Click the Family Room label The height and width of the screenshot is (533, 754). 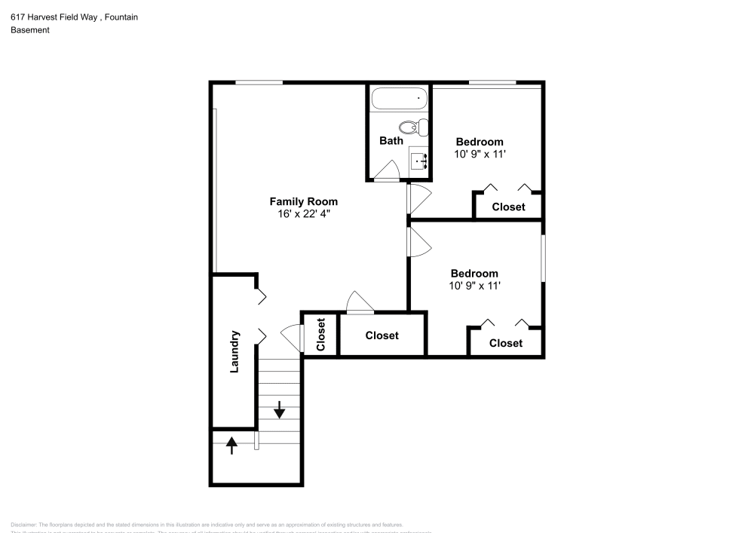pyautogui.click(x=303, y=201)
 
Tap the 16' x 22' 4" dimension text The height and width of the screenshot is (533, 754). pyautogui.click(x=303, y=214)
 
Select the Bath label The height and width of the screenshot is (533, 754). pyautogui.click(x=391, y=140)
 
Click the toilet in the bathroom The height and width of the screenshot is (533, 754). pyautogui.click(x=413, y=127)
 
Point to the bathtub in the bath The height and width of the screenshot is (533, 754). pyautogui.click(x=399, y=99)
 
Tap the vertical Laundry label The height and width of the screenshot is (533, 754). pyautogui.click(x=234, y=351)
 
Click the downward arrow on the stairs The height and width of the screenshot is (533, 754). pyautogui.click(x=279, y=410)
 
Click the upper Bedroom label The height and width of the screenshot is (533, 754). pyautogui.click(x=479, y=142)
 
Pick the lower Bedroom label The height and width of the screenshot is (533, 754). pyautogui.click(x=474, y=274)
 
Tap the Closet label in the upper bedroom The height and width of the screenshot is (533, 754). pyautogui.click(x=508, y=207)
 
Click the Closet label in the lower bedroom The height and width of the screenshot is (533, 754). pyautogui.click(x=505, y=343)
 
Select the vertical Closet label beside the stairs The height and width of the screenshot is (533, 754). pyautogui.click(x=320, y=334)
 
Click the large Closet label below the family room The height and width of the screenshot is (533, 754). pyautogui.click(x=382, y=335)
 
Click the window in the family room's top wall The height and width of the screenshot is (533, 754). pyautogui.click(x=259, y=82)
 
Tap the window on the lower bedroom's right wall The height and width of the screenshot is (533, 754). pyautogui.click(x=542, y=259)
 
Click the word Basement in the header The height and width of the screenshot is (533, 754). pyautogui.click(x=29, y=30)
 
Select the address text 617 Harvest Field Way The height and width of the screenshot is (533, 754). pyautogui.click(x=52, y=17)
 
